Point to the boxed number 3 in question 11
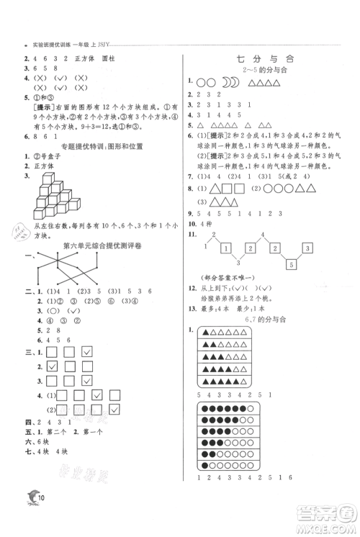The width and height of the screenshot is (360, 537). pyautogui.click(x=308, y=248)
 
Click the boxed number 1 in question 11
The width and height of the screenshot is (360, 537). pyautogui.click(x=227, y=248)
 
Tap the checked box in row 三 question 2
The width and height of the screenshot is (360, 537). pyautogui.click(x=53, y=366)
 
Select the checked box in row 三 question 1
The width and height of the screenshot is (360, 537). pyautogui.click(x=87, y=351)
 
